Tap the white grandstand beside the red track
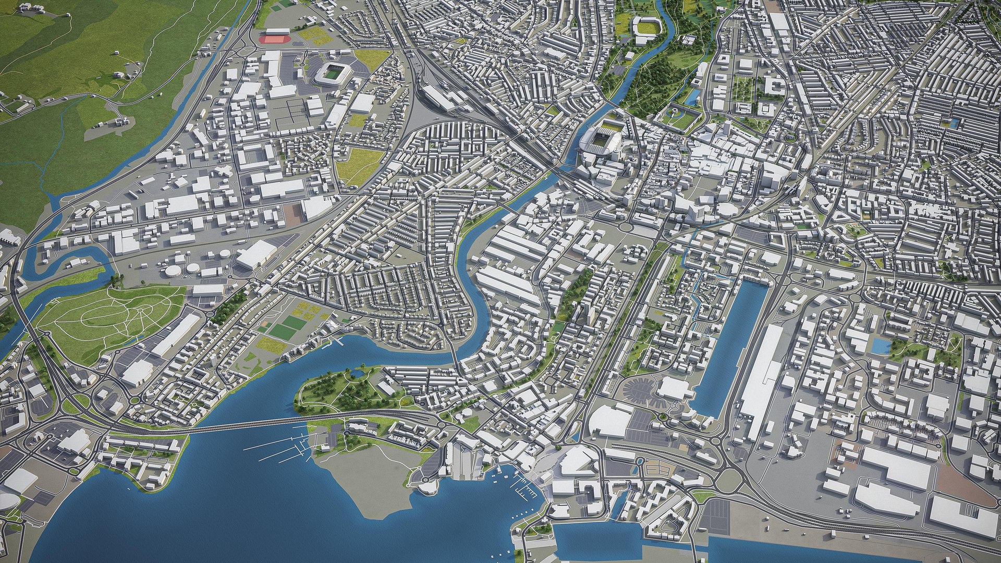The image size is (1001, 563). click(277, 32)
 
